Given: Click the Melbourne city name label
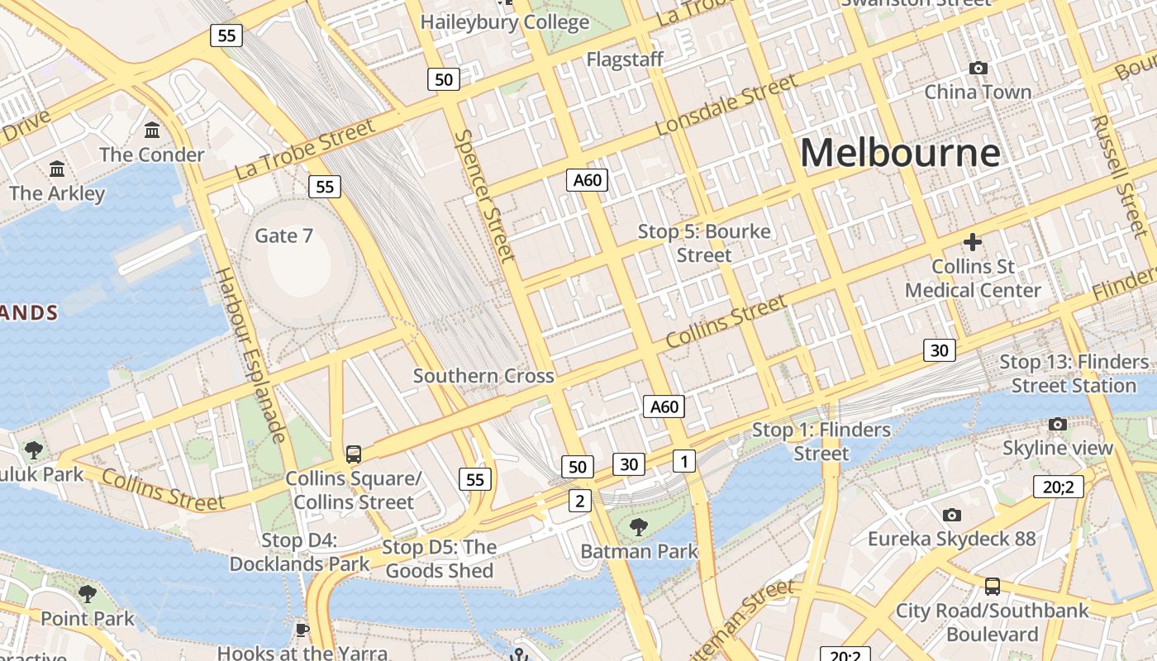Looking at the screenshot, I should [900, 154].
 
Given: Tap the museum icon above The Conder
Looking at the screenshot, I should [152, 130].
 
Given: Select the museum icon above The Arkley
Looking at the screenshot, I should [57, 169].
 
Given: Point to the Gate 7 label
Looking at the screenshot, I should [283, 235].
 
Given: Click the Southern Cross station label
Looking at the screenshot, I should [483, 376].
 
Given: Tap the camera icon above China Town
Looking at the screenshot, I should [978, 68].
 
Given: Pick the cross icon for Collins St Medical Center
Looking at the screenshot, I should [973, 242].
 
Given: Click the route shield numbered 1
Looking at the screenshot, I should [683, 460].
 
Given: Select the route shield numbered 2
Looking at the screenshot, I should [580, 500].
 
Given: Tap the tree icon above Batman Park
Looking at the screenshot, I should [638, 526].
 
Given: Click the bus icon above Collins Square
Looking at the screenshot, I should [354, 454].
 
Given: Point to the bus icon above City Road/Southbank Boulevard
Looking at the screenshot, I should [993, 587].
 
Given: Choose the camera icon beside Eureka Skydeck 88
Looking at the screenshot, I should [952, 515].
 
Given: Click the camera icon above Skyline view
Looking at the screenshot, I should [1057, 424].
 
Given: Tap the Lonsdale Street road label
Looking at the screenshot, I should [726, 105].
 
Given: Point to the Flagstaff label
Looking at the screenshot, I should [625, 59].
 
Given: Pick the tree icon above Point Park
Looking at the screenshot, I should [87, 593].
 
